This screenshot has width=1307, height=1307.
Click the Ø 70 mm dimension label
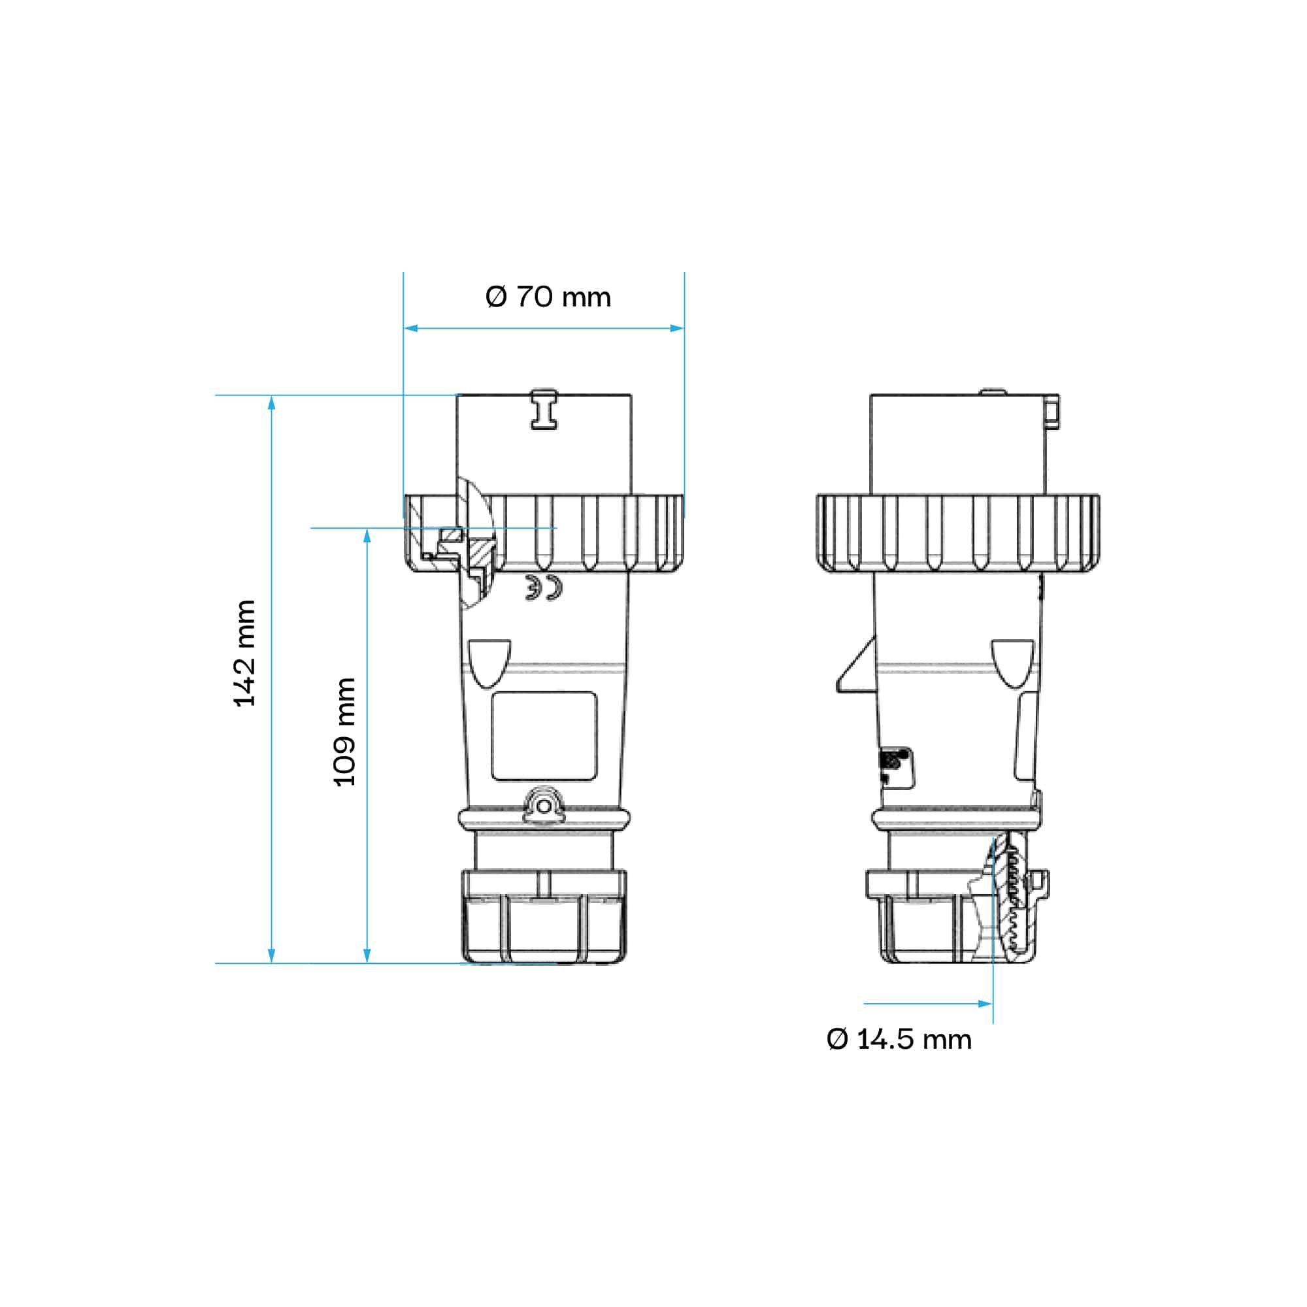point(548,297)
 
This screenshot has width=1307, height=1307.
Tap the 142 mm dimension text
point(244,653)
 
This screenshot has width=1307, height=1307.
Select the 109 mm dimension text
point(344,731)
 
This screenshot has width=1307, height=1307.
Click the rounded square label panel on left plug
point(544,736)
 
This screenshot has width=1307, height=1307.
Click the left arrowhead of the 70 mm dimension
point(410,328)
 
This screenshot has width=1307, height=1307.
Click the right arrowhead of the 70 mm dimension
point(676,328)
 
